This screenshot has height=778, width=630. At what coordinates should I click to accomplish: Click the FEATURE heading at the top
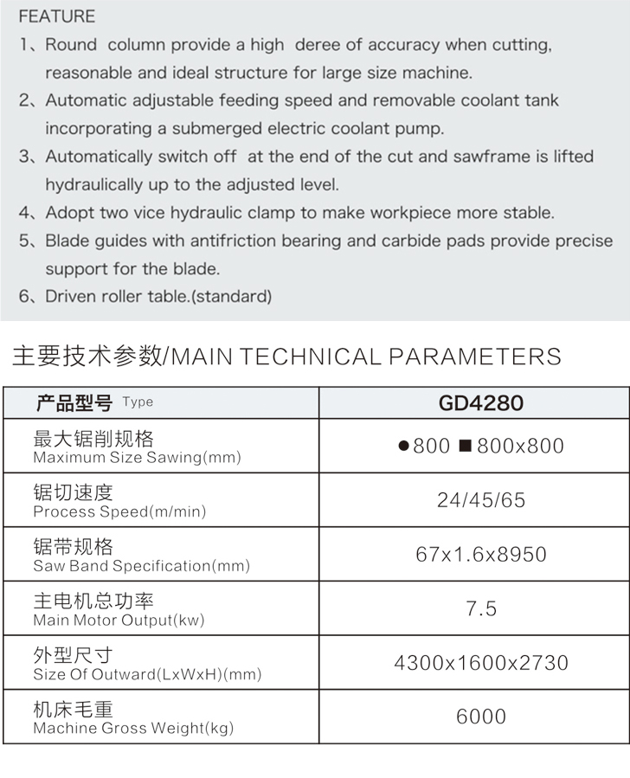[57, 16]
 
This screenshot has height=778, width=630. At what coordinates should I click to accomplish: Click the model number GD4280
[481, 402]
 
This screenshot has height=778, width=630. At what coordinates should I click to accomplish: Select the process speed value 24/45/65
[481, 500]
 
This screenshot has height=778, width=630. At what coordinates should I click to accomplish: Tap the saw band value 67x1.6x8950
[481, 554]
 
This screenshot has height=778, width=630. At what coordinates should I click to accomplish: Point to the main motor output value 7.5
[481, 608]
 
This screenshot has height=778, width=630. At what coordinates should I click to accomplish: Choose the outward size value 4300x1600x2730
[481, 663]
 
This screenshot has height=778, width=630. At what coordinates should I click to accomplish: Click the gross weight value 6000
[481, 717]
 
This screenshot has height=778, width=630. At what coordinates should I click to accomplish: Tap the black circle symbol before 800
[403, 447]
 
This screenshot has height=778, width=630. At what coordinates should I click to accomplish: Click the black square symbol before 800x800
[465, 447]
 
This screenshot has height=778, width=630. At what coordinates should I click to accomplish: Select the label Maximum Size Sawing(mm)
[137, 458]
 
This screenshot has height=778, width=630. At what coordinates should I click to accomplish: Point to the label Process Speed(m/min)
[119, 511]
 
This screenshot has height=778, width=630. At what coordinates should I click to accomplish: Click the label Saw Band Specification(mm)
[141, 566]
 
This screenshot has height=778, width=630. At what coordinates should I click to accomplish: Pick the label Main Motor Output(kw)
[119, 620]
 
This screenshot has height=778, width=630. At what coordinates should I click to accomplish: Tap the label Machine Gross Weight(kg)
[133, 729]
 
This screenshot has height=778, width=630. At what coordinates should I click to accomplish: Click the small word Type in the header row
[138, 402]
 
